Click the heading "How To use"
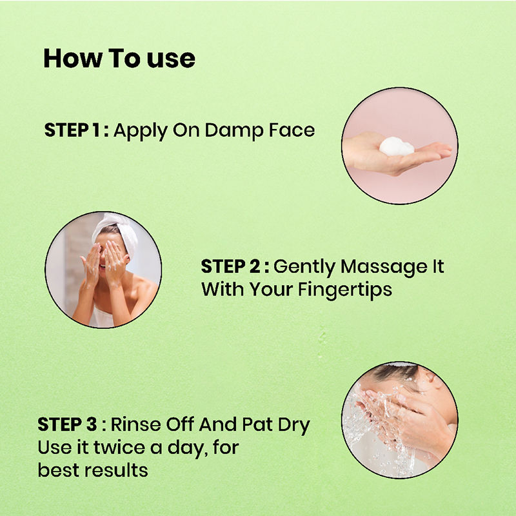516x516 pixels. (x=119, y=59)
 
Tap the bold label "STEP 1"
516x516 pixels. (x=72, y=130)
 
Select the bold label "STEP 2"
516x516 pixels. (x=231, y=266)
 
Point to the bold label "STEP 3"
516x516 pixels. (x=68, y=424)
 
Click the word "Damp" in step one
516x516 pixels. (x=234, y=131)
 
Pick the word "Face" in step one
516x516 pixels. (x=292, y=130)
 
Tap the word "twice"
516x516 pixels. (x=119, y=447)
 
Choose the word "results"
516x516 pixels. (x=116, y=470)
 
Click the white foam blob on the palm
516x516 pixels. (x=397, y=146)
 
